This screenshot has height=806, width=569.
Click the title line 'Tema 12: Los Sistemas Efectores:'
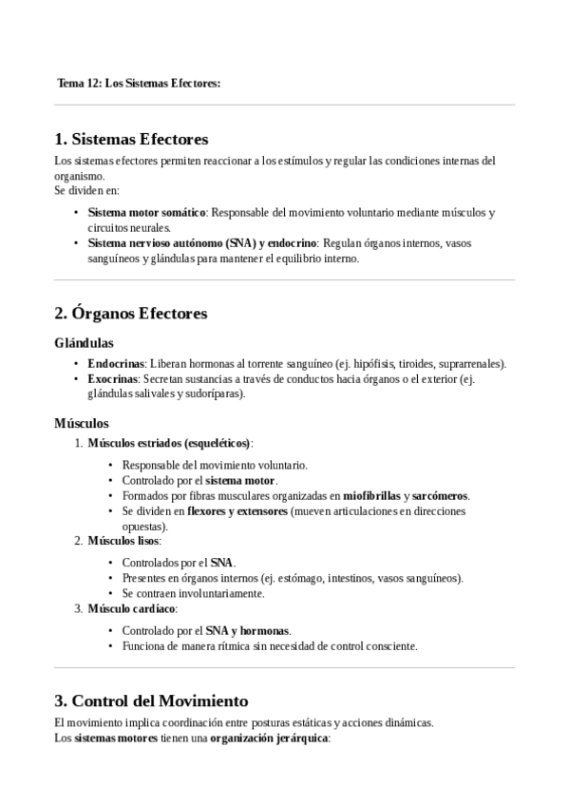pos(139,84)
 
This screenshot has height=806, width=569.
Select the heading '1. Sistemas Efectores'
pos(131,139)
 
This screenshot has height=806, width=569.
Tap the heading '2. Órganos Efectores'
pos(131,313)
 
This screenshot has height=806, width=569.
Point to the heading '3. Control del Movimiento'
pos(151,700)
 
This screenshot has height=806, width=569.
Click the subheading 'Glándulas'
pos(85,342)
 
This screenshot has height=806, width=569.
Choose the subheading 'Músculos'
pos(82,422)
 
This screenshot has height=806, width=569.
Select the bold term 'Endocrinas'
pos(116,364)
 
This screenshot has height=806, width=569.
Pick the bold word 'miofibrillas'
pos(372,495)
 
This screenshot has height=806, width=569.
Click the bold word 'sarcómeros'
pos(441,495)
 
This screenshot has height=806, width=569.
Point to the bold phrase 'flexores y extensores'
pos(237,510)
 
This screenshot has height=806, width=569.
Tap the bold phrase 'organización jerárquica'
pos(269,738)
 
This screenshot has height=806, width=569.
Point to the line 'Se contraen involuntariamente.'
pos(193,593)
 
